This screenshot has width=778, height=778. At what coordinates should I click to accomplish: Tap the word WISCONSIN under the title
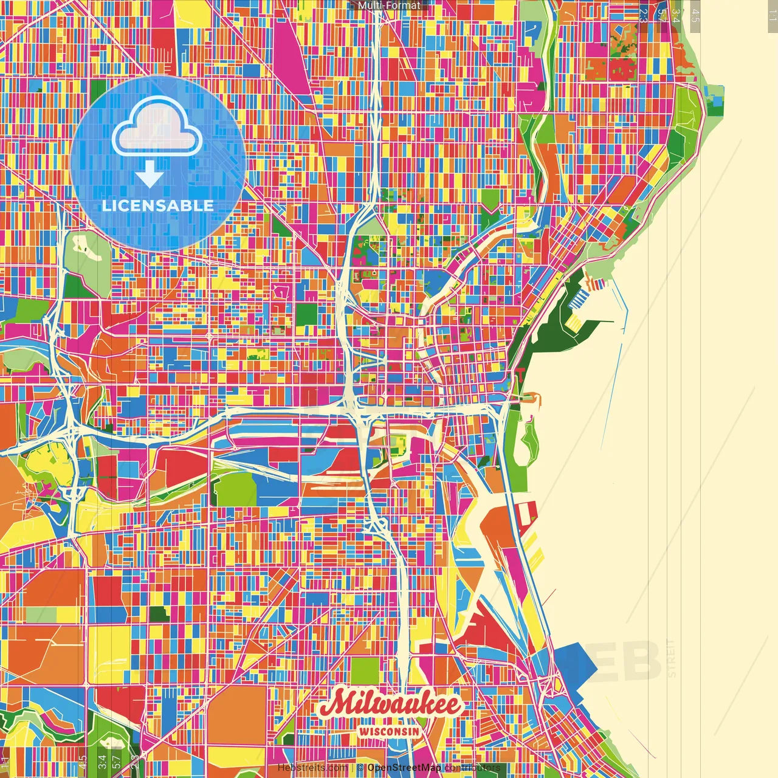coord(390,731)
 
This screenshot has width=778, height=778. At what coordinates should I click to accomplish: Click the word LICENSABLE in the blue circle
coord(158,205)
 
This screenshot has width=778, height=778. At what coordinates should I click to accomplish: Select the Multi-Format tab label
coord(389,5)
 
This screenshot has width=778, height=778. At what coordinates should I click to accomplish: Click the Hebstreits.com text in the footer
coord(312,768)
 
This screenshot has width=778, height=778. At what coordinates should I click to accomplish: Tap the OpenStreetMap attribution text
coord(404,768)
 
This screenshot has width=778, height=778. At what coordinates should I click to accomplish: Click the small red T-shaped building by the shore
coord(520,372)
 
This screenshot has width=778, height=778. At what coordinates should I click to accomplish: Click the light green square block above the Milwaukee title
coord(364,670)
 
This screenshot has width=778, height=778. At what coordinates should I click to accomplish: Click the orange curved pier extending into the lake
coord(530,399)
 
